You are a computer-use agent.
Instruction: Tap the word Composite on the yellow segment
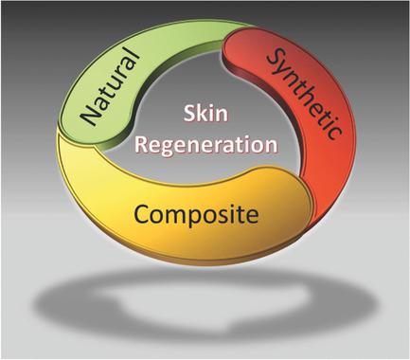click(195, 215)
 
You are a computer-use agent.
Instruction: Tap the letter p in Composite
click(202, 218)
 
